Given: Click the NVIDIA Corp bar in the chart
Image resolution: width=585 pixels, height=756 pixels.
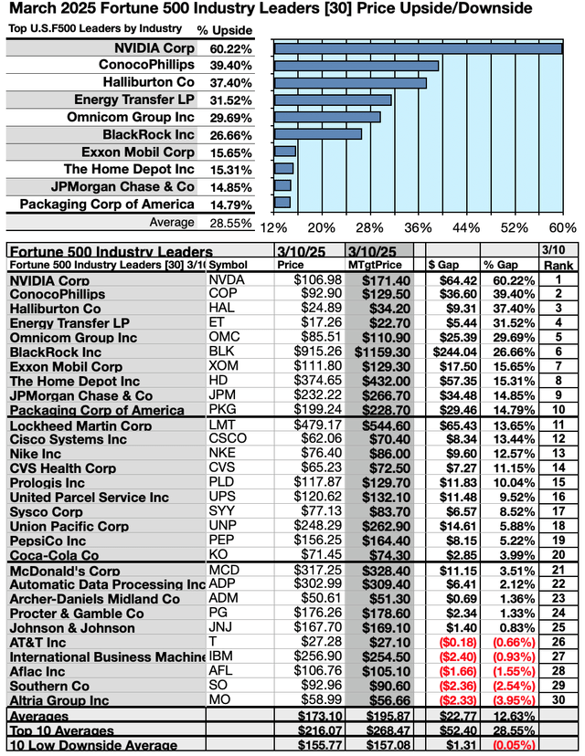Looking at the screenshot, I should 418,48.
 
